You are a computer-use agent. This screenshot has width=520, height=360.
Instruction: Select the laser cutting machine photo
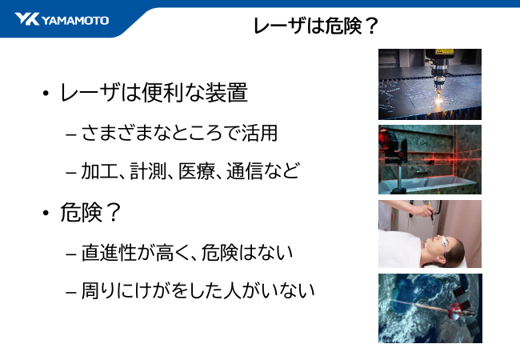430,84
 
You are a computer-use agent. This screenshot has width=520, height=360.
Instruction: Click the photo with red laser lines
430,159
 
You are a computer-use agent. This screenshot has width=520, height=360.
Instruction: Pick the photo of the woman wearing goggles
430,234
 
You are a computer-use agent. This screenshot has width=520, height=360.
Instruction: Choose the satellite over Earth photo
430,308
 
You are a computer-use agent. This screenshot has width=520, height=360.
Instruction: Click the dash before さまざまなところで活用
70,134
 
